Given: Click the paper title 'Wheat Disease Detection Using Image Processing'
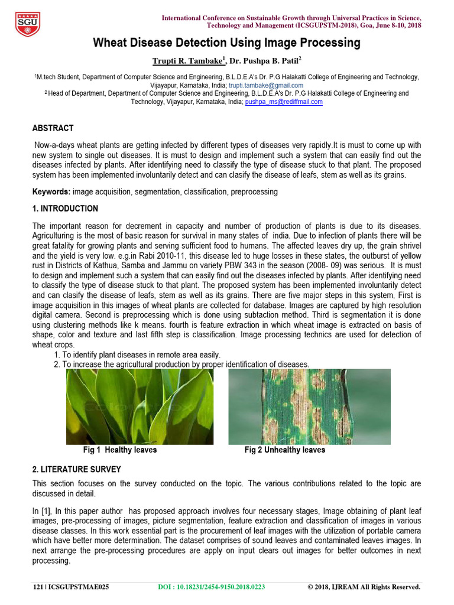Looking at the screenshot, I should tap(226, 43).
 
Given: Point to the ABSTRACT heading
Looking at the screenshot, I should tap(53, 128).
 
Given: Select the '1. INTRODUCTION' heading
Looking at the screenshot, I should tap(65, 209).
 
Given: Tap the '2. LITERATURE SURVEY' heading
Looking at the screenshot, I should tap(77, 470).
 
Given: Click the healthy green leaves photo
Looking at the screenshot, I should tap(140, 406).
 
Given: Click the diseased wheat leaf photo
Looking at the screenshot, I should tap(309, 406).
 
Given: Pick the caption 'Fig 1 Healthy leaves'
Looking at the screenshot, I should tap(120, 450).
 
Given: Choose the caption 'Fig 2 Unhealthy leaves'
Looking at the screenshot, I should tap(285, 450).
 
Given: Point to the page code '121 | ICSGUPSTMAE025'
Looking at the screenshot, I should tap(71, 587).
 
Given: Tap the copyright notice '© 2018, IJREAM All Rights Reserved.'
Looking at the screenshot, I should tap(364, 587).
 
